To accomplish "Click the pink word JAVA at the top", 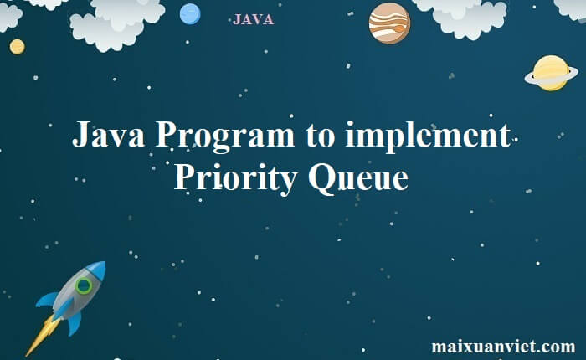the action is click(x=253, y=19).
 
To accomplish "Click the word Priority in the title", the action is click(x=236, y=178).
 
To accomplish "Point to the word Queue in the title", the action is click(x=358, y=178).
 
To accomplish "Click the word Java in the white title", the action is click(x=108, y=134).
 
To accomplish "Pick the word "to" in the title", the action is click(x=320, y=136).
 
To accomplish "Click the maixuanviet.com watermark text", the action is click(x=503, y=346).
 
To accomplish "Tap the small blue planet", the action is click(x=190, y=14).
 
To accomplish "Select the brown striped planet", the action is click(x=389, y=23).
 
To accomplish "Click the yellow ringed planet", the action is click(x=551, y=74).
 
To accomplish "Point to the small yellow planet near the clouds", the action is click(x=18, y=47).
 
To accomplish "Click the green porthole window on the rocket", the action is click(x=84, y=286).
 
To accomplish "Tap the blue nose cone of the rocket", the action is click(x=97, y=269).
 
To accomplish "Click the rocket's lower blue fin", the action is click(x=75, y=323).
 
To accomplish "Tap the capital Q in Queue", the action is click(x=321, y=179).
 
